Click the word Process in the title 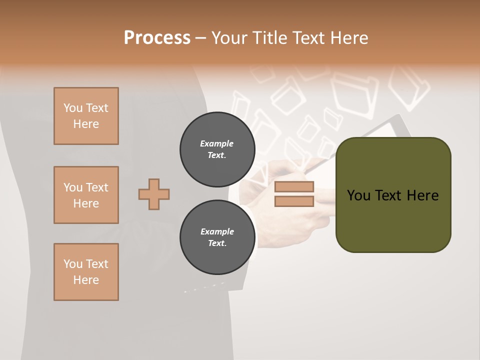pos(157,38)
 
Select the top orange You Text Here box pos(86,116)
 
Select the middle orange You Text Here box pos(86,195)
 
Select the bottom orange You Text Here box pos(86,272)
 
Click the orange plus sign pos(154,194)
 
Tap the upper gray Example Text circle pos(217,149)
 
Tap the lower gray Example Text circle pos(217,237)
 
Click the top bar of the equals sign pos(294,187)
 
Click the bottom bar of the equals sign pos(294,201)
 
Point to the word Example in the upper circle pos(217,144)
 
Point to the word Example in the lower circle pos(217,232)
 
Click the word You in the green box pos(358,195)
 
